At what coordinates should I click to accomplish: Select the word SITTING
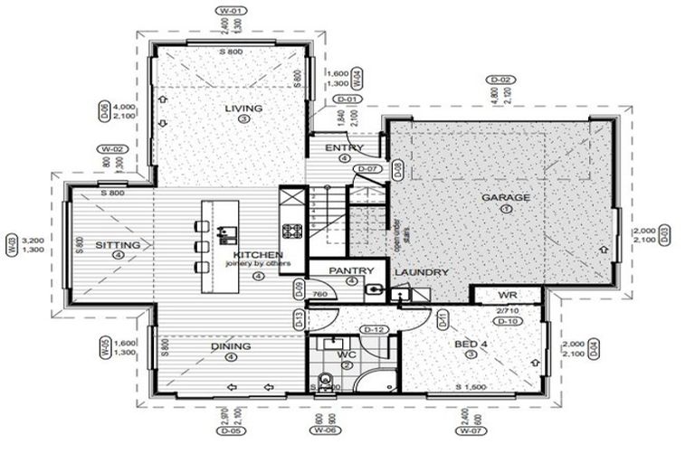click(118, 245)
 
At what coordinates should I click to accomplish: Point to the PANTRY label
click(351, 270)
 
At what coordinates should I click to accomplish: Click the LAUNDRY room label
click(421, 272)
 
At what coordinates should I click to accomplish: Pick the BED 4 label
click(470, 344)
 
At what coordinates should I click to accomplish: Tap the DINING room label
click(231, 345)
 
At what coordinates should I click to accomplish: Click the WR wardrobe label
click(507, 296)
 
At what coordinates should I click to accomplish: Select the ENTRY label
click(344, 148)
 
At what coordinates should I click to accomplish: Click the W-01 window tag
click(233, 12)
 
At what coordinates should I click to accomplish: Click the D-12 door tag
click(373, 329)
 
